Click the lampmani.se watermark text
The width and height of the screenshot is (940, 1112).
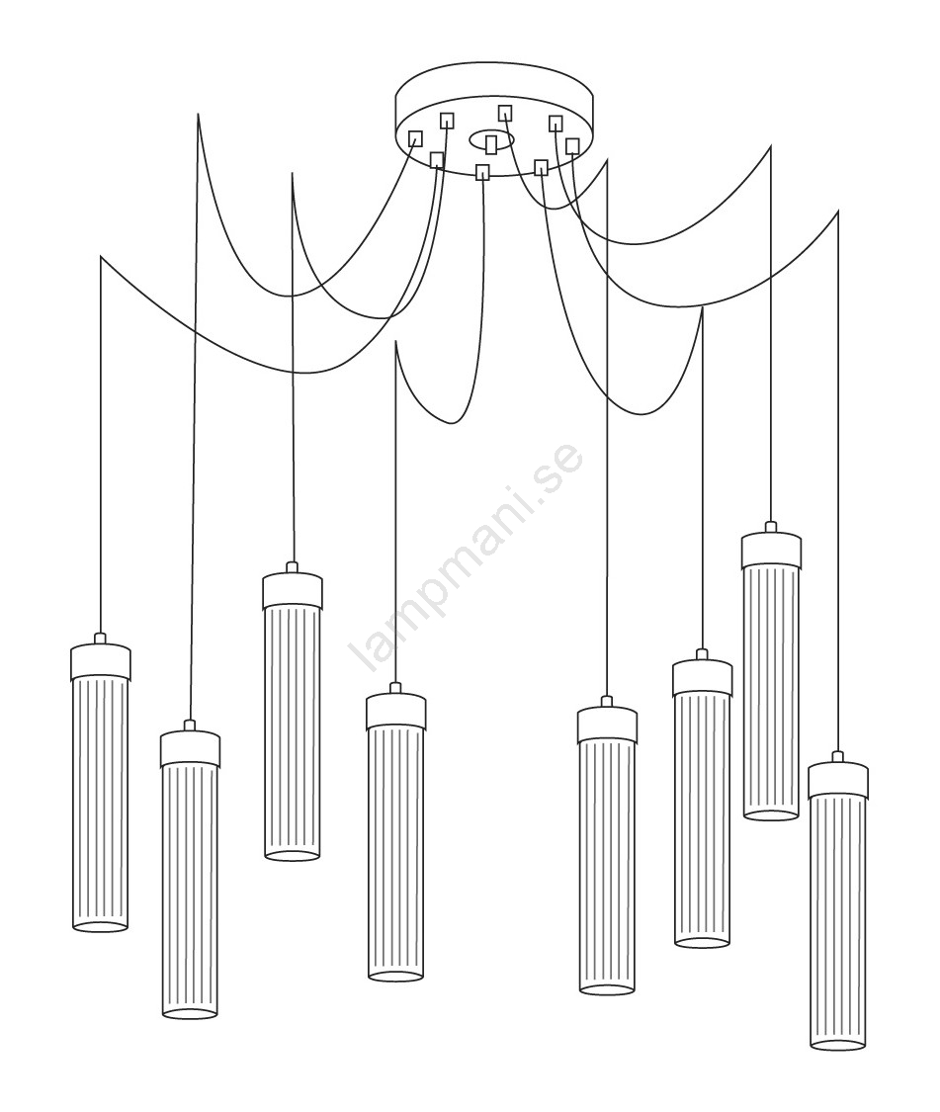click(467, 556)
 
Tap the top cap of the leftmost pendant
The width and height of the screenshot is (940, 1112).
click(101, 662)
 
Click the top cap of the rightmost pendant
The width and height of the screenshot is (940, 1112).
click(838, 779)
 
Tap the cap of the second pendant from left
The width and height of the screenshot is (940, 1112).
click(190, 749)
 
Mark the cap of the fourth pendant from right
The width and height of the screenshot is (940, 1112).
click(607, 725)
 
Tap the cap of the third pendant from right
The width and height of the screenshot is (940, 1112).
click(703, 677)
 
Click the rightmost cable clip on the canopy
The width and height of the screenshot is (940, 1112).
click(571, 146)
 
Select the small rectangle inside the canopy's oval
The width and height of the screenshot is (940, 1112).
click(491, 144)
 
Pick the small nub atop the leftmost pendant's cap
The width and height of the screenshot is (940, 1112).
click(100, 638)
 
